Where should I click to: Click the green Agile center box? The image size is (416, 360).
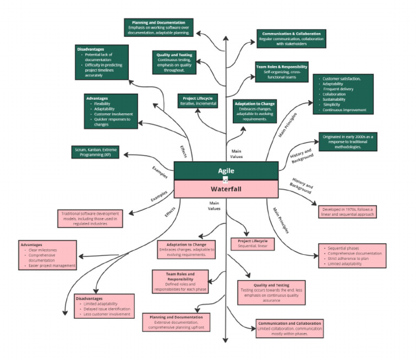tap(226, 170)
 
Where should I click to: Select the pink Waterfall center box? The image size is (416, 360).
tap(226, 189)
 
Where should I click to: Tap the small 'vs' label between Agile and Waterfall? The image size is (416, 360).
tap(226, 180)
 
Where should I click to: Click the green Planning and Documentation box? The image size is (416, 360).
tap(159, 28)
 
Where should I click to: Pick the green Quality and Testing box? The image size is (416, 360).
tap(174, 62)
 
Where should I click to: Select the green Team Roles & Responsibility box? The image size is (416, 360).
tap(282, 72)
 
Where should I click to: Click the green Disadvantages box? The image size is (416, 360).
tap(102, 62)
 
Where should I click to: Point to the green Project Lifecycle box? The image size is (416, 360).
tap(198, 100)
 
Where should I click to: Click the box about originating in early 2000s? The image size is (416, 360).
tap(348, 141)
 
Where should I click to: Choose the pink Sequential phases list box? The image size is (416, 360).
tap(352, 256)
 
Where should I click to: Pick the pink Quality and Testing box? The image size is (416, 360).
tap(271, 292)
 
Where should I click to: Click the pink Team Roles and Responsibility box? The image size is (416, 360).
tap(180, 281)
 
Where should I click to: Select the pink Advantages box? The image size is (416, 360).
tap(48, 255)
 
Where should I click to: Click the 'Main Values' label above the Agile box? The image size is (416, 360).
tap(237, 154)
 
